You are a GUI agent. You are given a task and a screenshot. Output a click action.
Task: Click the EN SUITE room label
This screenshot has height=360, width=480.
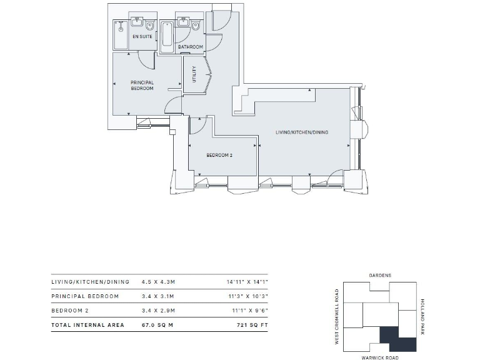[x=142, y=37]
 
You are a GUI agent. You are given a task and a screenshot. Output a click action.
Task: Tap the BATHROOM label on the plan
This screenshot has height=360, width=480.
[x=190, y=47]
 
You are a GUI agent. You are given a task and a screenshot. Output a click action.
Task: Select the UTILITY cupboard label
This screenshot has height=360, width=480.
[x=194, y=75]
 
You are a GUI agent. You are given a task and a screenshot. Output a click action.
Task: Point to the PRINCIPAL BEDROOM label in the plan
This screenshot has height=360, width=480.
[x=142, y=86]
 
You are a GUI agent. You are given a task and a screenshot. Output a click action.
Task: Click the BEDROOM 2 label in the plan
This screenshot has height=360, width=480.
[x=219, y=155]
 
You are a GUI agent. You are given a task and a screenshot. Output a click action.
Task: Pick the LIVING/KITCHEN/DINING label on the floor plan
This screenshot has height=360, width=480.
[x=302, y=132]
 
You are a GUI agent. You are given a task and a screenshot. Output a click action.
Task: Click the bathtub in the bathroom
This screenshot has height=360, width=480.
[x=167, y=36]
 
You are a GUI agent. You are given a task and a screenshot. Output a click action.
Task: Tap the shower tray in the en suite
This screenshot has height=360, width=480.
[x=120, y=36]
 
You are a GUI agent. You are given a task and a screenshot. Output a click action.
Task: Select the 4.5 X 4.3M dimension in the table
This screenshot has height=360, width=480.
[x=154, y=282]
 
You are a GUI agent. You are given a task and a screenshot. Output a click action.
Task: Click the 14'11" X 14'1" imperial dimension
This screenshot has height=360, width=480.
[x=247, y=282]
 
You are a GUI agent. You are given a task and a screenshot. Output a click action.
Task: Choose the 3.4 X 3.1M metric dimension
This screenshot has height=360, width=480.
[x=154, y=296]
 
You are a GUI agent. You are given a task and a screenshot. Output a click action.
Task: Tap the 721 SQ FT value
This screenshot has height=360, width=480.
[x=252, y=325]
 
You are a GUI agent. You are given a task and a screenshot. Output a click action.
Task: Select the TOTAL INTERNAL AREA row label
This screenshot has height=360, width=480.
[x=87, y=325]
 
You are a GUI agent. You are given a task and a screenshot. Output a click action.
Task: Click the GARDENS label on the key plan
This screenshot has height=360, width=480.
[x=379, y=275]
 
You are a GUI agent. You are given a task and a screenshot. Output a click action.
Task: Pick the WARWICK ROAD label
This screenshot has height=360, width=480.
[x=379, y=357]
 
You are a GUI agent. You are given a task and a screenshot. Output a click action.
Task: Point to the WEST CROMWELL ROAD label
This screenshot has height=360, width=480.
[x=337, y=316]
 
